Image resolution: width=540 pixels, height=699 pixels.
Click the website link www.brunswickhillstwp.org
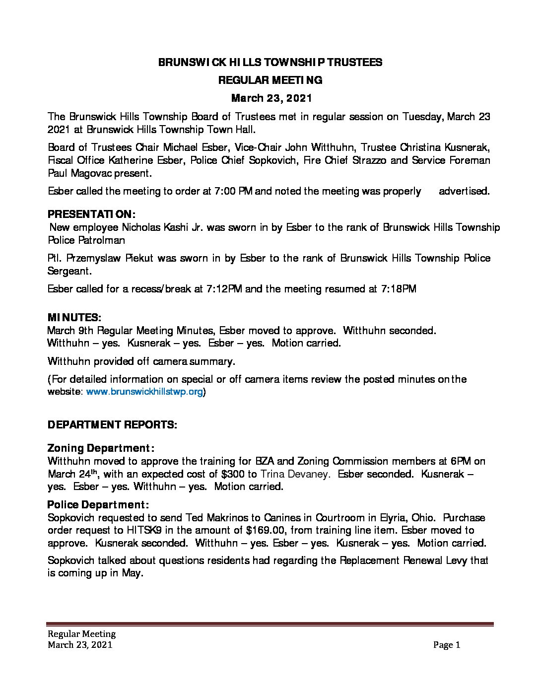tap(145, 392)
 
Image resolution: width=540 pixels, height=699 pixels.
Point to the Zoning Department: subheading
tap(101, 448)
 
